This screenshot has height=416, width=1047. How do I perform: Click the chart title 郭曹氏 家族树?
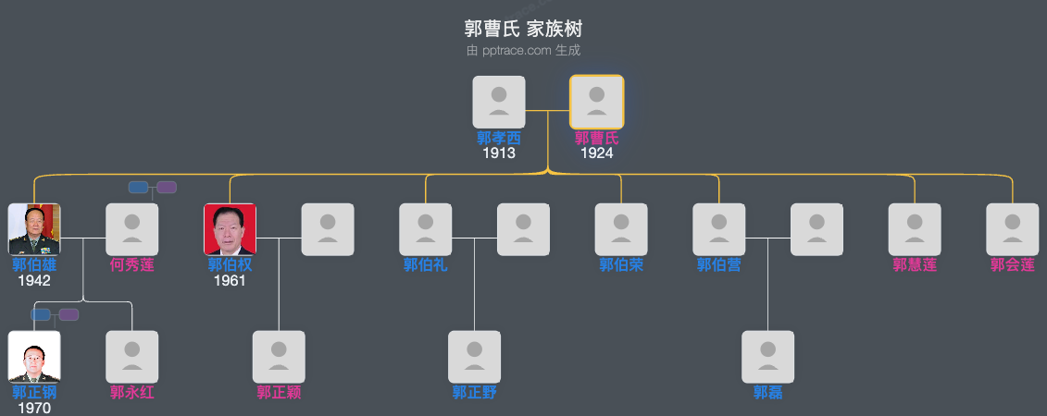click(523, 30)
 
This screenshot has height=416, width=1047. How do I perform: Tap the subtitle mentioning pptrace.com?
click(523, 51)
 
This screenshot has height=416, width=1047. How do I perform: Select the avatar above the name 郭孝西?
click(499, 102)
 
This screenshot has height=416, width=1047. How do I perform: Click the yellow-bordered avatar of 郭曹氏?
click(596, 102)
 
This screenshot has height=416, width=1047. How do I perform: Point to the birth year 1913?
click(499, 153)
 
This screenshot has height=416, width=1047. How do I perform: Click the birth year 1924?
click(596, 153)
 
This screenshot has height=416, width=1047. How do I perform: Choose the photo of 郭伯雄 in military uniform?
click(34, 229)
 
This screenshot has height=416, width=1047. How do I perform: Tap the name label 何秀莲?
click(132, 265)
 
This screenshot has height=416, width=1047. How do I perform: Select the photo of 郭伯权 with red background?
click(230, 229)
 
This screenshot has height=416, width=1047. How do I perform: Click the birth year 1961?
click(230, 281)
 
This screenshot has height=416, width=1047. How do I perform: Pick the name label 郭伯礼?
click(426, 265)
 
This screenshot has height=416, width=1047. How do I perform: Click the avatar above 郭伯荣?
click(621, 229)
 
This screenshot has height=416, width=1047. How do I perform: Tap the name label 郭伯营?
click(719, 265)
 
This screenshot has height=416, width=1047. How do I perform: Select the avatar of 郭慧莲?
click(915, 229)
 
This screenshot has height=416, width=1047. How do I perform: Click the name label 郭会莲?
click(1013, 265)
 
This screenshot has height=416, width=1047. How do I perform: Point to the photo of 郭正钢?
click(34, 357)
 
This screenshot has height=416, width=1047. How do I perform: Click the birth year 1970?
click(34, 408)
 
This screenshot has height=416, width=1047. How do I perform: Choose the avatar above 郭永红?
click(132, 357)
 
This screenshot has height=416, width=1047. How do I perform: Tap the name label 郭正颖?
click(279, 393)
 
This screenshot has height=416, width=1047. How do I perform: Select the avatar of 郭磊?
click(768, 357)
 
